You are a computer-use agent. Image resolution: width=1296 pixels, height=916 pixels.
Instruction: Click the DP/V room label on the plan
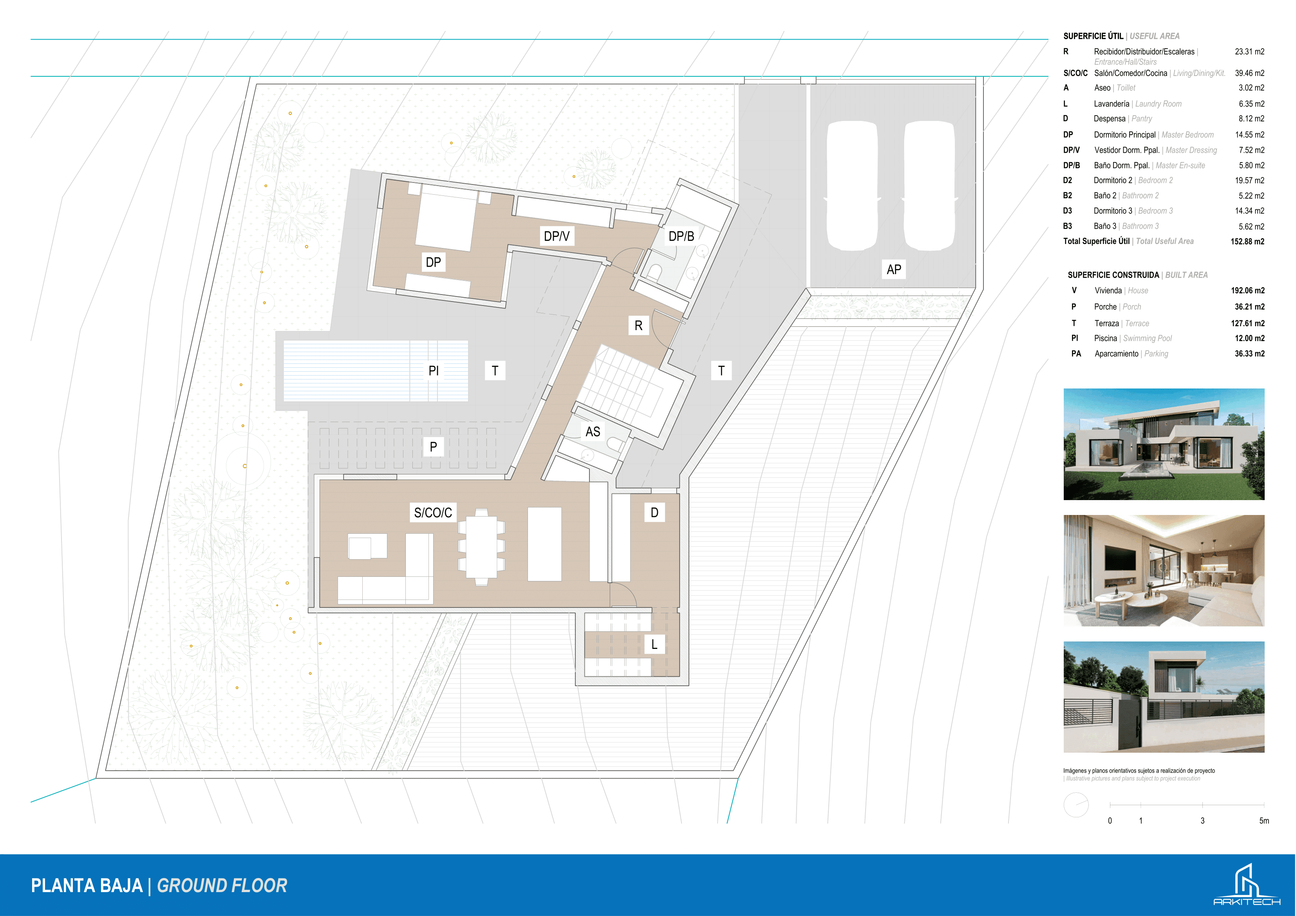click(557, 236)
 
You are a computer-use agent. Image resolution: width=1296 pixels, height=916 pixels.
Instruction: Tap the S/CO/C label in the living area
click(433, 513)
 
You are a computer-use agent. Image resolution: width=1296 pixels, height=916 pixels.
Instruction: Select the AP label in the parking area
click(893, 269)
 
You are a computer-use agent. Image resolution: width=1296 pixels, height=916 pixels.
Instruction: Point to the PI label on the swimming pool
click(434, 371)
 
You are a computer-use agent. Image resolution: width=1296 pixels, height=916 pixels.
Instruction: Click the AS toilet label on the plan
click(593, 432)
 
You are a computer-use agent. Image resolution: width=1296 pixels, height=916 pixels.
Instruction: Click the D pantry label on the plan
click(654, 513)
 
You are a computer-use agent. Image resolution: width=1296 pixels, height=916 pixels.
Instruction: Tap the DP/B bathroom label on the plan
click(681, 236)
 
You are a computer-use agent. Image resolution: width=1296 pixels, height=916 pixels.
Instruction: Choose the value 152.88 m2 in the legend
click(1247, 242)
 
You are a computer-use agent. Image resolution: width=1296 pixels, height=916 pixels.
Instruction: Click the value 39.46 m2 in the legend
click(1250, 73)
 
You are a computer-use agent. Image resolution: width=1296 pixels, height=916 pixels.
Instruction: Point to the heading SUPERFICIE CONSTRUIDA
click(1113, 275)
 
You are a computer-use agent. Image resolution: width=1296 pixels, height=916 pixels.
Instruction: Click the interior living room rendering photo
click(1164, 571)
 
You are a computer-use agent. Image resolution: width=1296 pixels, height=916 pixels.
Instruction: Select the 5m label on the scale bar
click(1264, 820)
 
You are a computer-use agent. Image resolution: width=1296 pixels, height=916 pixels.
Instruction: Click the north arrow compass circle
click(1076, 805)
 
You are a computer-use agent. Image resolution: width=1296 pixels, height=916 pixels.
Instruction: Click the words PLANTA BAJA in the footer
click(87, 885)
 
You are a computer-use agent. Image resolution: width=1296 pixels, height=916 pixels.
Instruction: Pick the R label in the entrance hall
click(638, 326)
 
